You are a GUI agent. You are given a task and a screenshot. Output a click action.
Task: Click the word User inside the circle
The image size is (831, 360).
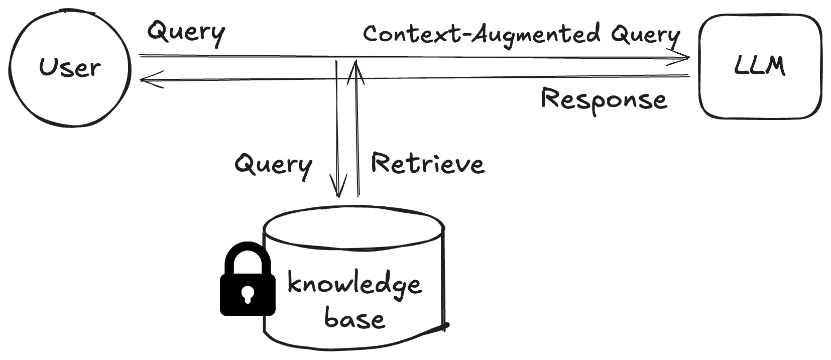pyautogui.click(x=70, y=67)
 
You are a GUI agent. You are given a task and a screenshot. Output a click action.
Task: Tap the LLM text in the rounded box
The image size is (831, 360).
pyautogui.click(x=759, y=66)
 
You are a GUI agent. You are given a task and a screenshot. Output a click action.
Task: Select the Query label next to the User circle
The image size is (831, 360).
pyautogui.click(x=186, y=32)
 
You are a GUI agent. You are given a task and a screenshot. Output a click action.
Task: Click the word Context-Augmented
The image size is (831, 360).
pyautogui.click(x=481, y=34)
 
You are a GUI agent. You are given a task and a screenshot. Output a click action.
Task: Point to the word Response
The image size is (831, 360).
pyautogui.click(x=604, y=99)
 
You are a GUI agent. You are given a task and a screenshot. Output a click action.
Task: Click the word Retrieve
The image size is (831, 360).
pyautogui.click(x=427, y=164)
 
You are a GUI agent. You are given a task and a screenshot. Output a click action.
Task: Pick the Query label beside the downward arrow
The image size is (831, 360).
pyautogui.click(x=273, y=165)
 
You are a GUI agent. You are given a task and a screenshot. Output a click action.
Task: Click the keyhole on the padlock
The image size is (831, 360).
pyautogui.click(x=247, y=294)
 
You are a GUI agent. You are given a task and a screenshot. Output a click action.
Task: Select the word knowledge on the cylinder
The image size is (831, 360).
pyautogui.click(x=354, y=284)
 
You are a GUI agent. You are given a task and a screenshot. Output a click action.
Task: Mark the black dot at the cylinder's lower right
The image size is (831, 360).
pyautogui.click(x=445, y=327)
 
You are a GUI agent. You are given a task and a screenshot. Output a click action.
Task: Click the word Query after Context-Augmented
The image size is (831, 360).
pyautogui.click(x=645, y=35)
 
